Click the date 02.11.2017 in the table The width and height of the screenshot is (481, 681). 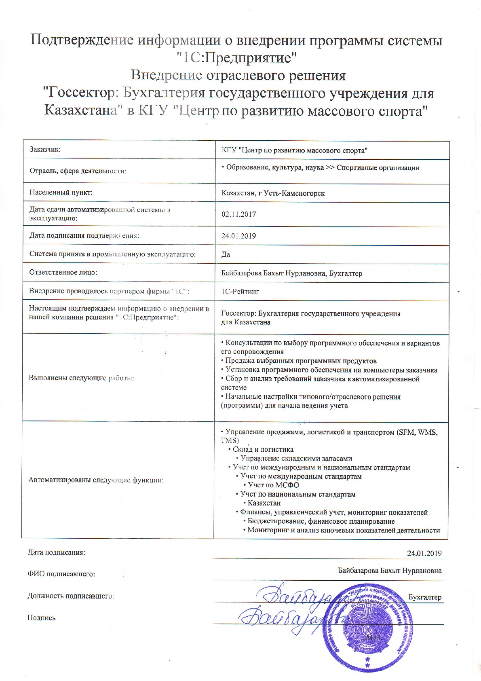pos(238,214)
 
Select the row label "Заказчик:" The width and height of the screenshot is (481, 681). pos(45,150)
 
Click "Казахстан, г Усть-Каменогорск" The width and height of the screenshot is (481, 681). pos(273,193)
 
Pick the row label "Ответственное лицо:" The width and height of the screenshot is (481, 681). pos(63,273)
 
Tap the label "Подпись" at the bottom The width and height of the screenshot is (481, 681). pos(42,618)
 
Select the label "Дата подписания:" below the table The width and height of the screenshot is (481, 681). pos(56,552)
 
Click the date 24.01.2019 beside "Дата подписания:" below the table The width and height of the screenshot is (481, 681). pos(424,553)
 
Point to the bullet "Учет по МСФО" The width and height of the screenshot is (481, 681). pos(273,485)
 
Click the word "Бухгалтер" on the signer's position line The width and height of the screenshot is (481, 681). pos(425,597)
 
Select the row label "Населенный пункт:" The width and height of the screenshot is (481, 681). pos(61,192)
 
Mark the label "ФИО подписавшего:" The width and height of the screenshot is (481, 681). pos(61,574)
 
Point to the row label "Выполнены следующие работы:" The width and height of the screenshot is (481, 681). pos(81,378)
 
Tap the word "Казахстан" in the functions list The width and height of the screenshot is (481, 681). pos(264,503)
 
